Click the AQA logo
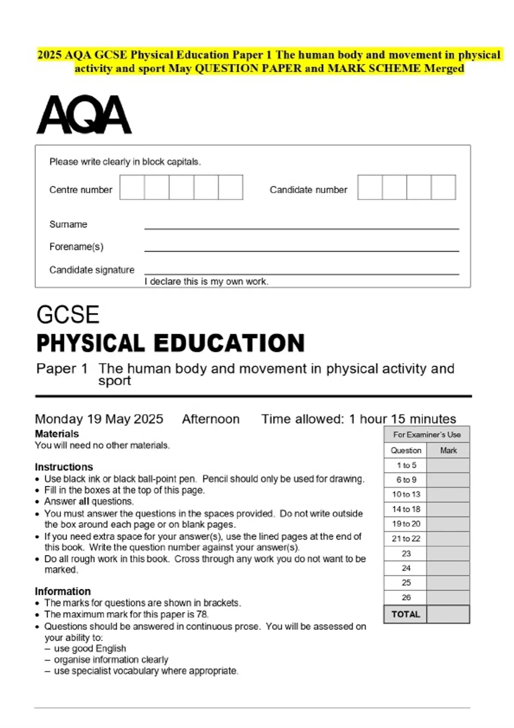pyautogui.click(x=84, y=115)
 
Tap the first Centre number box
pyautogui.click(x=132, y=187)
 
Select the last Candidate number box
pyautogui.click(x=443, y=187)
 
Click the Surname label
pyautogui.click(x=68, y=224)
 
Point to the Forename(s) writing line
pyautogui.click(x=302, y=250)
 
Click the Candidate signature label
pyautogui.click(x=92, y=270)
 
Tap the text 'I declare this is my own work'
pyautogui.click(x=206, y=282)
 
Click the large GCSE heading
pyautogui.click(x=68, y=315)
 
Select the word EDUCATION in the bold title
pyautogui.click(x=229, y=343)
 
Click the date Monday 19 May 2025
pyautogui.click(x=99, y=419)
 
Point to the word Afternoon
pyautogui.click(x=211, y=419)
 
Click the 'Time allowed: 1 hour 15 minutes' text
pyautogui.click(x=359, y=419)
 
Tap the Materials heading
pyautogui.click(x=57, y=433)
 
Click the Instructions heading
pyautogui.click(x=64, y=467)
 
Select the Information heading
pyautogui.click(x=63, y=591)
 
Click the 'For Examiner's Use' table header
pyautogui.click(x=427, y=435)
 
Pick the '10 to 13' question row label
pyautogui.click(x=406, y=494)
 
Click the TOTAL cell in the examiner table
pyautogui.click(x=406, y=614)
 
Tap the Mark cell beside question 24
pyautogui.click(x=448, y=568)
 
